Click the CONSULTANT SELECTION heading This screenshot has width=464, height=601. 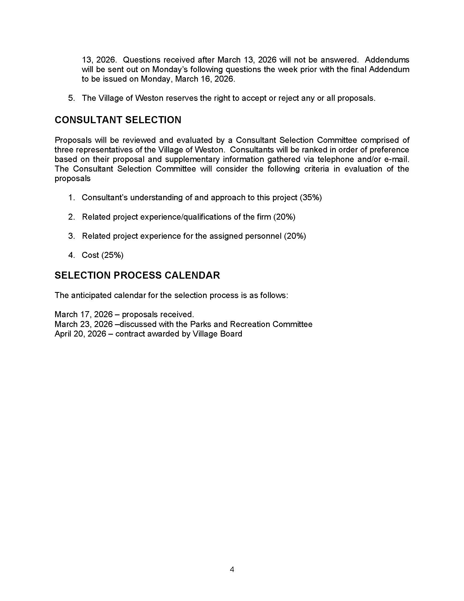pos(118,120)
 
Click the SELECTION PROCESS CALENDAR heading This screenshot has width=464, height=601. pos(137,275)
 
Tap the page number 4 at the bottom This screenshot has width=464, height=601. pos(232,569)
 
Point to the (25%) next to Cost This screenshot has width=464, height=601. pos(112,255)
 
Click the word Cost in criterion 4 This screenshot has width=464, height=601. pos(90,255)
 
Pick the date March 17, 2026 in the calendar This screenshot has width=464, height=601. pos(84,314)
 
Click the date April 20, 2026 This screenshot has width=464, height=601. pos(80,334)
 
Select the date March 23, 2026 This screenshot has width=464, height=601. pos(84,324)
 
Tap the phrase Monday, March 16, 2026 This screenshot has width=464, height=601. pos(188,79)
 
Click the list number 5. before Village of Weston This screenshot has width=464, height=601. pos(72,98)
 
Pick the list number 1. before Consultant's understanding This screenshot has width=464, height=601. pos(72,198)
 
